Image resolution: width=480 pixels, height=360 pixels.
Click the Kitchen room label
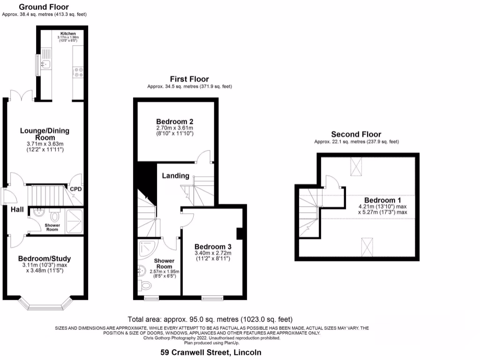coord(68,34)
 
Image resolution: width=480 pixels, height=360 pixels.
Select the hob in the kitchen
coord(77,72)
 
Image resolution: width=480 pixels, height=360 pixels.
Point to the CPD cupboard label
coord(76,189)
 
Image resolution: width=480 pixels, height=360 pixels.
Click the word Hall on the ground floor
coord(17,209)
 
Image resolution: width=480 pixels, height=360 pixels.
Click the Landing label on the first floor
coord(175,176)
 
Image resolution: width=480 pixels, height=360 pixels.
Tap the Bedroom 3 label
coord(213,247)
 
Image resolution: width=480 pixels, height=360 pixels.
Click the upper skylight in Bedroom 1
coord(357,166)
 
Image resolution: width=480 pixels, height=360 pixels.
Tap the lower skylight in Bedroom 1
coord(367,245)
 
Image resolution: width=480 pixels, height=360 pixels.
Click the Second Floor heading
coord(356,134)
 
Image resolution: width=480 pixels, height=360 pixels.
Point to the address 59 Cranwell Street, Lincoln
coord(211,352)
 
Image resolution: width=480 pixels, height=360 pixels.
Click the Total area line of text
coord(210,319)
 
